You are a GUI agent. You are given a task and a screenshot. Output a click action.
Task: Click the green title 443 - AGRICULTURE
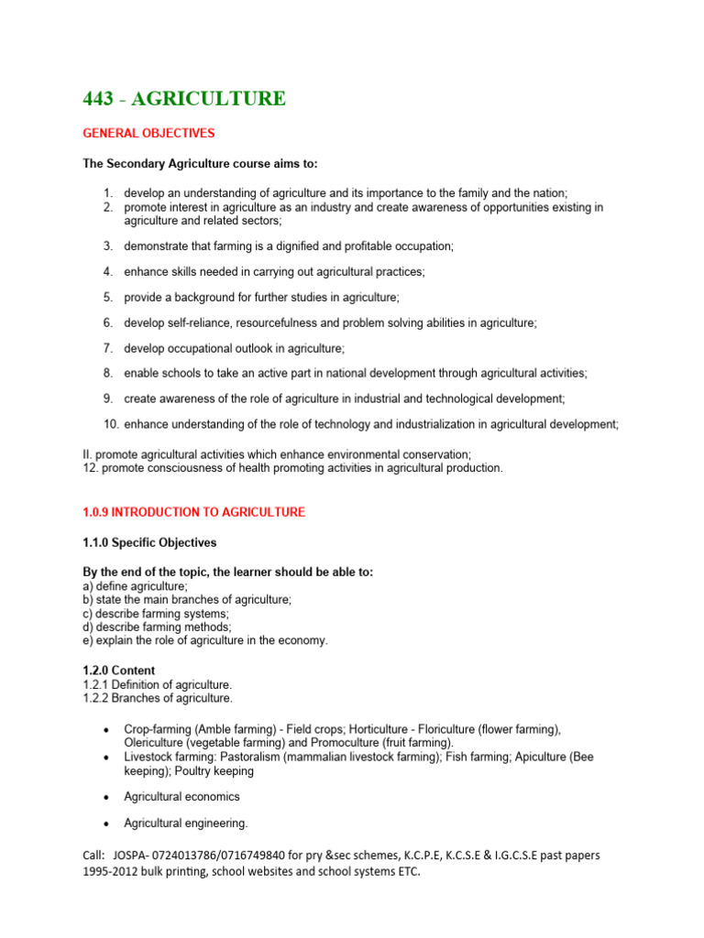183,98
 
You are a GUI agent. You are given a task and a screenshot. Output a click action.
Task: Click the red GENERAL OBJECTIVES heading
148,134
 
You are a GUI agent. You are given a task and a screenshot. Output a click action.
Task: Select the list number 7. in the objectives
107,348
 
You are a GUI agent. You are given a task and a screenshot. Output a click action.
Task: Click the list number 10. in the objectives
110,424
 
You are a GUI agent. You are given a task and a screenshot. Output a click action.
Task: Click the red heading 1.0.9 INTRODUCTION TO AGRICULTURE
193,512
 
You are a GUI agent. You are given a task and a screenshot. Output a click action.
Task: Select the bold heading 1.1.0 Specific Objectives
149,543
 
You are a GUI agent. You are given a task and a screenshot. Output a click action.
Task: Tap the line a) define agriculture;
135,585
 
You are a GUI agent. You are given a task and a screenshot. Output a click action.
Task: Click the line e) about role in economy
204,640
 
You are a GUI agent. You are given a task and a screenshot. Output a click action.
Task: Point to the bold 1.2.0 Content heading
119,671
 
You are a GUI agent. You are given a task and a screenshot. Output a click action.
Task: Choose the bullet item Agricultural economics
181,797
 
